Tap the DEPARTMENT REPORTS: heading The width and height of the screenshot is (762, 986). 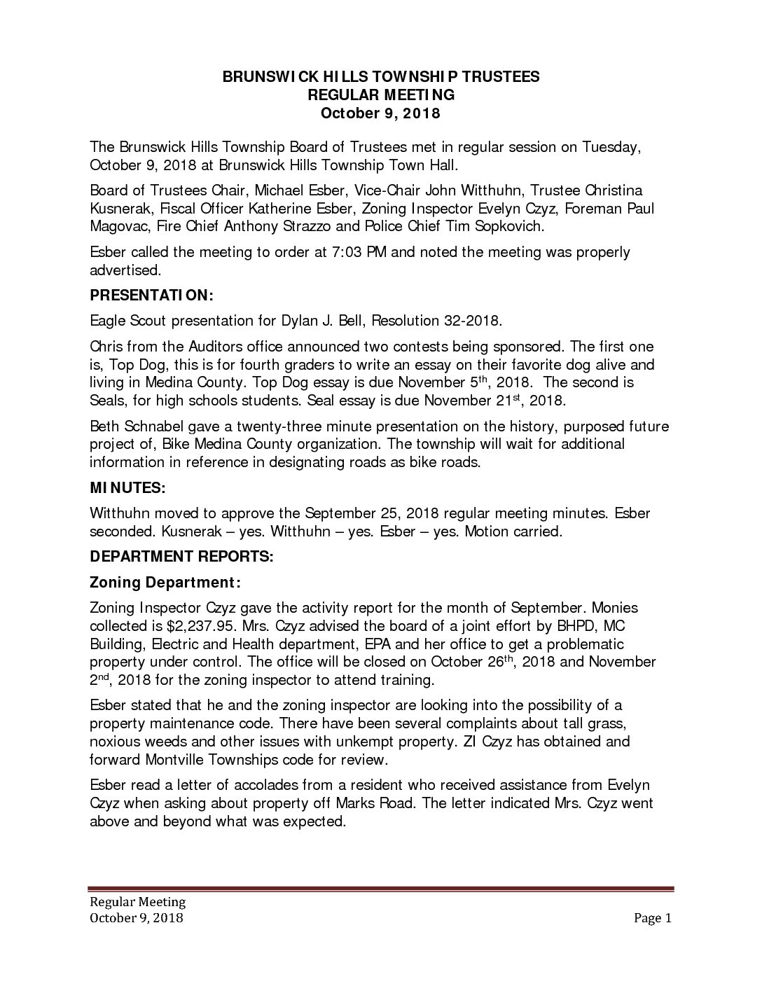(181, 557)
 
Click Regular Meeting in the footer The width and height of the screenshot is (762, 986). (137, 902)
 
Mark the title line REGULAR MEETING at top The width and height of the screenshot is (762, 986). (381, 95)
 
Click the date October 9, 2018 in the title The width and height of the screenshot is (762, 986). (381, 113)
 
